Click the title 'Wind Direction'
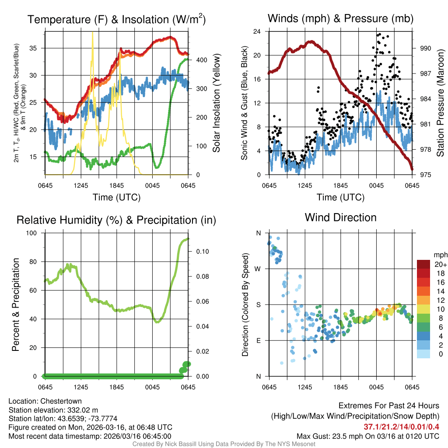tap(340, 217)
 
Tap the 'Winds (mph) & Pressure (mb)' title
tap(340, 18)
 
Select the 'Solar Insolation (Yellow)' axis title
tap(216, 103)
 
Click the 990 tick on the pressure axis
tap(426, 48)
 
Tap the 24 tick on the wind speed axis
tap(257, 31)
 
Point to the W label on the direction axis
tap(259, 269)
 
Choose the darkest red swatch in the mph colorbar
tap(424, 264)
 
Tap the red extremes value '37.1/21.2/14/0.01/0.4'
tap(401, 427)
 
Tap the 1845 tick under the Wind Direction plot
tap(340, 387)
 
